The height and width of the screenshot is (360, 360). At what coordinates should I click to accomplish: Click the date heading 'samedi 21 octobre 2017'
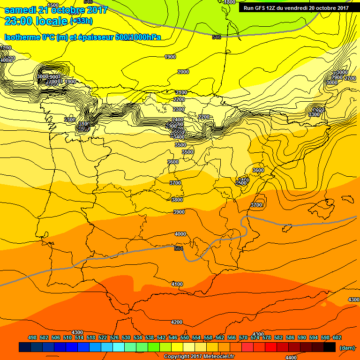[x=56, y=10]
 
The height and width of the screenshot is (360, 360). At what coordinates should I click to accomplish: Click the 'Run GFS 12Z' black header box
[x=296, y=7]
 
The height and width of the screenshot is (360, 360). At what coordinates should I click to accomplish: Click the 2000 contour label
[x=183, y=72]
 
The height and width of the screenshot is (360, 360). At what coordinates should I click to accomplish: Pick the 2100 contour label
[x=181, y=92]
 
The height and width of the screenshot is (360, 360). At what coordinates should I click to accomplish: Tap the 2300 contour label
[x=179, y=109]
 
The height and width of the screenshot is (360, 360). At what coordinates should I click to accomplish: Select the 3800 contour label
[x=177, y=200]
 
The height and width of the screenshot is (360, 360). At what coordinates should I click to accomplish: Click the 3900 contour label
[x=179, y=212]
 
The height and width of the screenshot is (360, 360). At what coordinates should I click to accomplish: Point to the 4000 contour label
[x=180, y=234]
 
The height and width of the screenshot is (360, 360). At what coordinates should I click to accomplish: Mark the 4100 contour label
[x=177, y=284]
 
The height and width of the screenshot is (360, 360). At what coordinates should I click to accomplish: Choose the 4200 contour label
[x=177, y=322]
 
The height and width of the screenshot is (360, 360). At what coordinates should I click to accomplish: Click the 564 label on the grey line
[x=178, y=248]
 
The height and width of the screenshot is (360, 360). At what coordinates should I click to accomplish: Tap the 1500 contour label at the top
[x=53, y=5]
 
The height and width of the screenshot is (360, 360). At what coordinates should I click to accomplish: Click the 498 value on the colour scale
[x=32, y=338]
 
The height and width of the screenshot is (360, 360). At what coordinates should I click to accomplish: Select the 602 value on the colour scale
[x=337, y=338]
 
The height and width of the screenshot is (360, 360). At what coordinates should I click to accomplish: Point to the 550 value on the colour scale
[x=184, y=338]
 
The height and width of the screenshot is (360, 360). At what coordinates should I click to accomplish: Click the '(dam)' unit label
[x=347, y=348]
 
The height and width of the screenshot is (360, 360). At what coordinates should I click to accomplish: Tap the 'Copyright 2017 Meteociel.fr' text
[x=199, y=356]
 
